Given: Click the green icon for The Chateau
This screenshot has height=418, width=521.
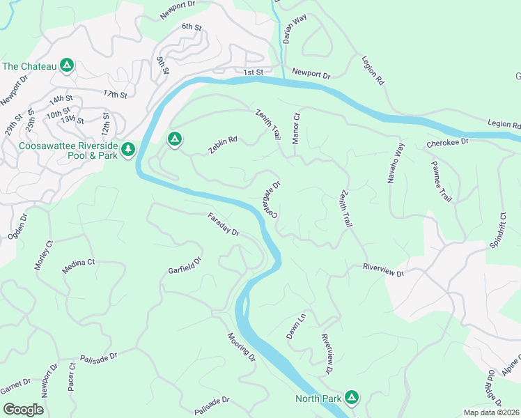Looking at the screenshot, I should point(66,66).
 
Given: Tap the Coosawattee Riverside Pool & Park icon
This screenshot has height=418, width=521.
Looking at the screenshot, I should point(127,150).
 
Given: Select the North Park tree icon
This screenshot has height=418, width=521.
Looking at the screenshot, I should point(352,398).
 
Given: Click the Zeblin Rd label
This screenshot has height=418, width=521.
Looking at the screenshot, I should point(223,144).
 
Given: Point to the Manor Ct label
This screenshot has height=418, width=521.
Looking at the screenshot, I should point(295,129).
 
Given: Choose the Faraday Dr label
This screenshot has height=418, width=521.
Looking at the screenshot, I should point(223,224).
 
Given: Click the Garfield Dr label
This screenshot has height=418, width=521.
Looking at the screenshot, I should point(185,265).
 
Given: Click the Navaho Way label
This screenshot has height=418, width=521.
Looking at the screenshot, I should point(396,163).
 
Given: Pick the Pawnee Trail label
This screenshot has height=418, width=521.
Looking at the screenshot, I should point(441,181).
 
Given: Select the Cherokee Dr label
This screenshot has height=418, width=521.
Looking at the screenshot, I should point(448,142).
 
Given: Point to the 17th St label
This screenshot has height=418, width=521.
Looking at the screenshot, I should point(115,94).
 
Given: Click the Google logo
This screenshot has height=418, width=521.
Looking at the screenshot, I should point(23,410).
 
